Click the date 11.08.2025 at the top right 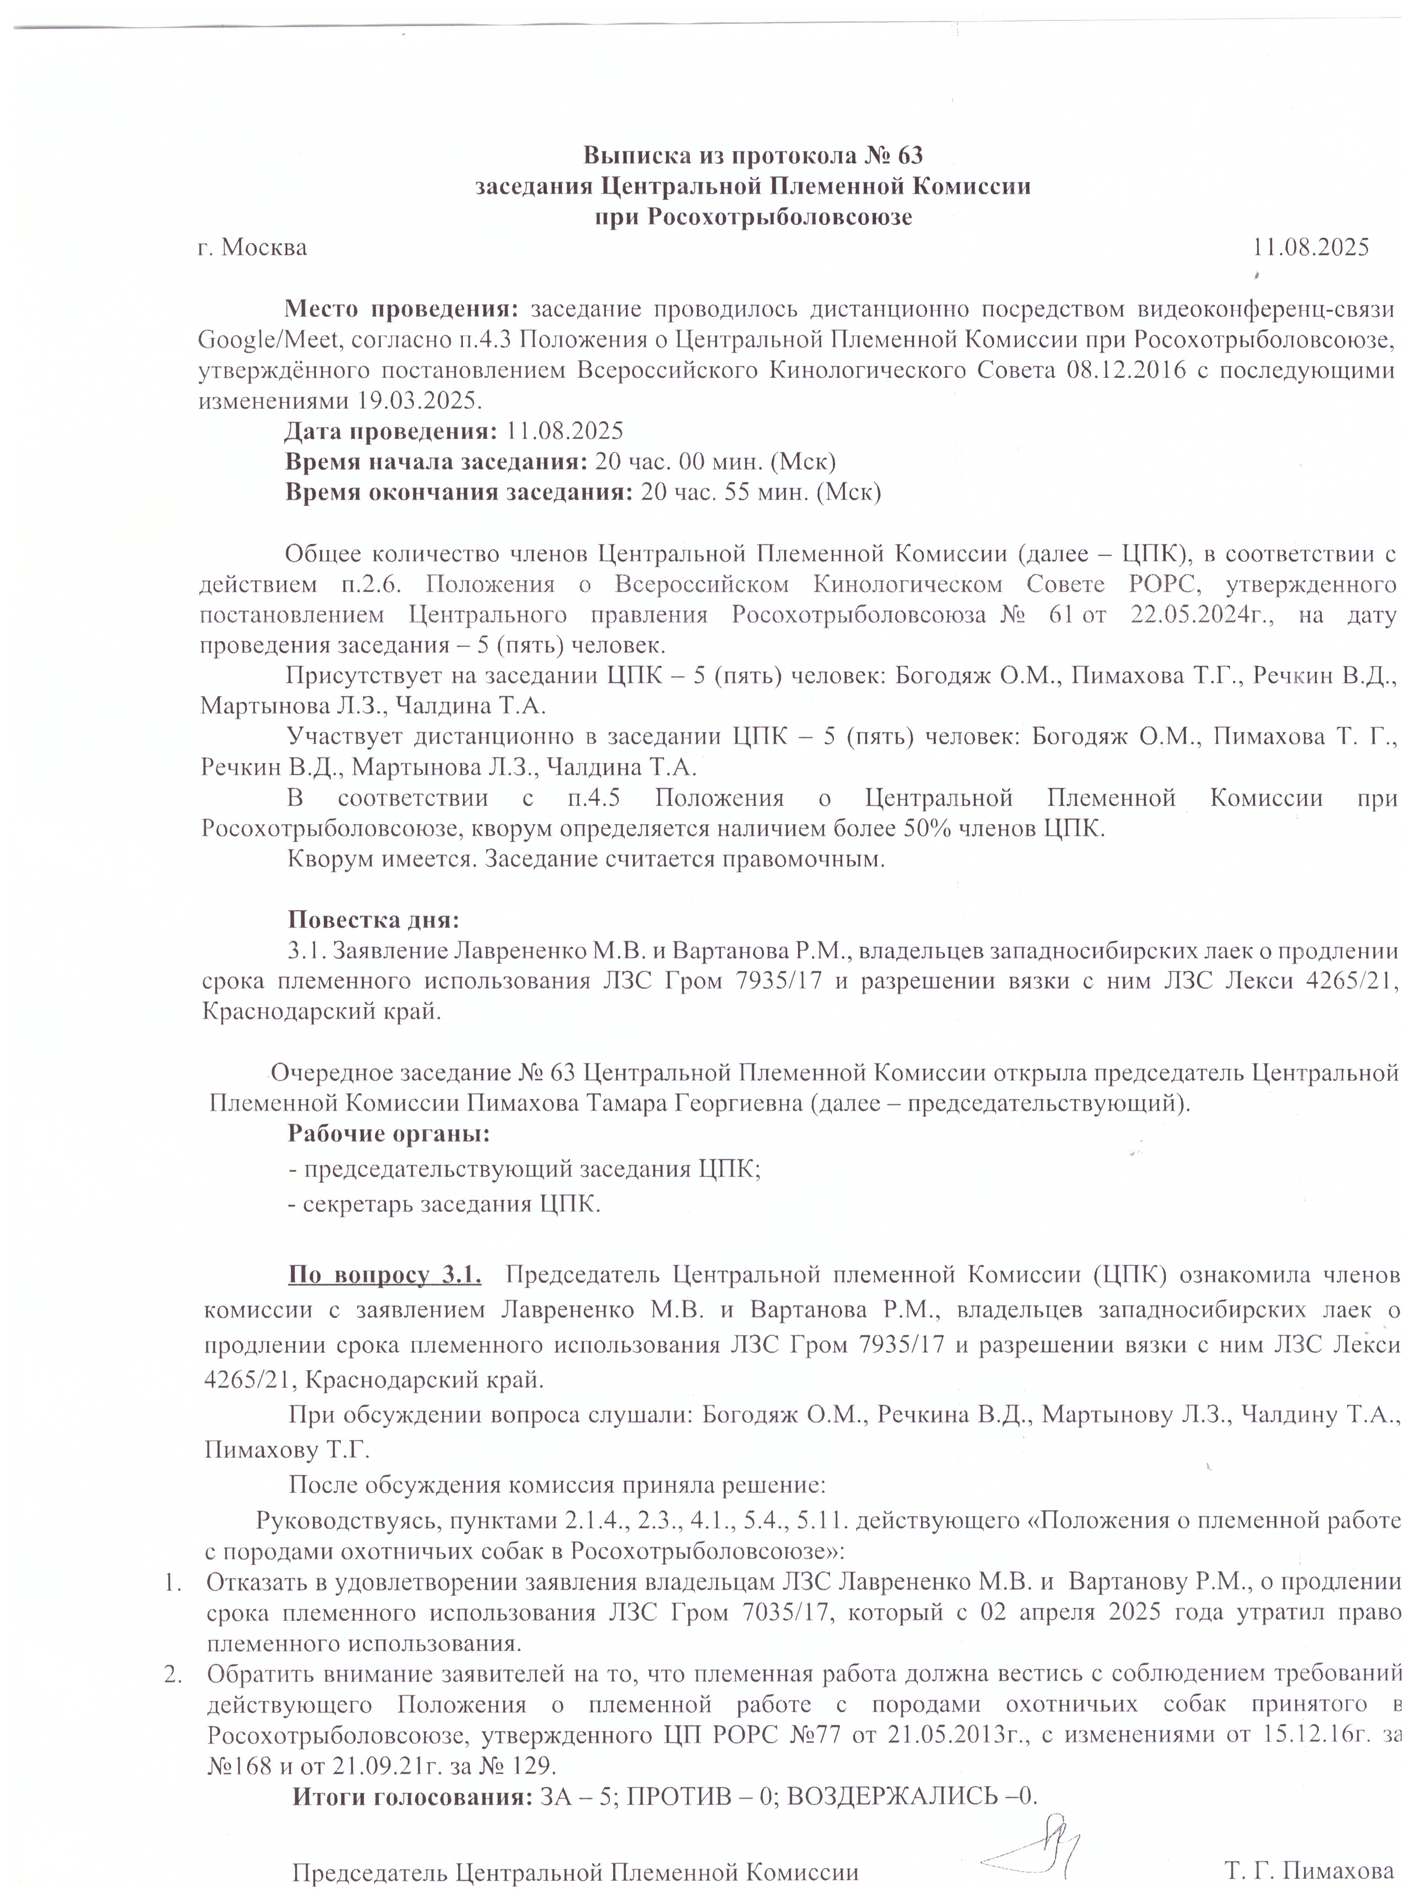click(1310, 248)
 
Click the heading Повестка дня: click(373, 920)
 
